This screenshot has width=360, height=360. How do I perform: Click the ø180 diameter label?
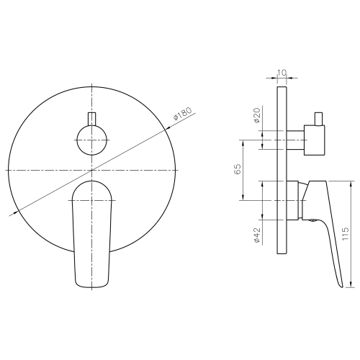183,114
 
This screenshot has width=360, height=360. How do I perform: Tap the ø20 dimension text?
256,115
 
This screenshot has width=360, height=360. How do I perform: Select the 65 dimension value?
237,169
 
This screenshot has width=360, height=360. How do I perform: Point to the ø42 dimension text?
256,235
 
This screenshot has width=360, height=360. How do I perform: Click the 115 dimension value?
345,233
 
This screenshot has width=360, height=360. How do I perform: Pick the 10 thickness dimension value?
282,73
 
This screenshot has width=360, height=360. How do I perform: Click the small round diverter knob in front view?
92,140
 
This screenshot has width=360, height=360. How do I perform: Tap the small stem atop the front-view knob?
92,119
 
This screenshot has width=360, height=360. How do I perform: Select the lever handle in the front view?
92,234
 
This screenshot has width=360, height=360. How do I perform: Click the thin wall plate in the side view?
282,170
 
